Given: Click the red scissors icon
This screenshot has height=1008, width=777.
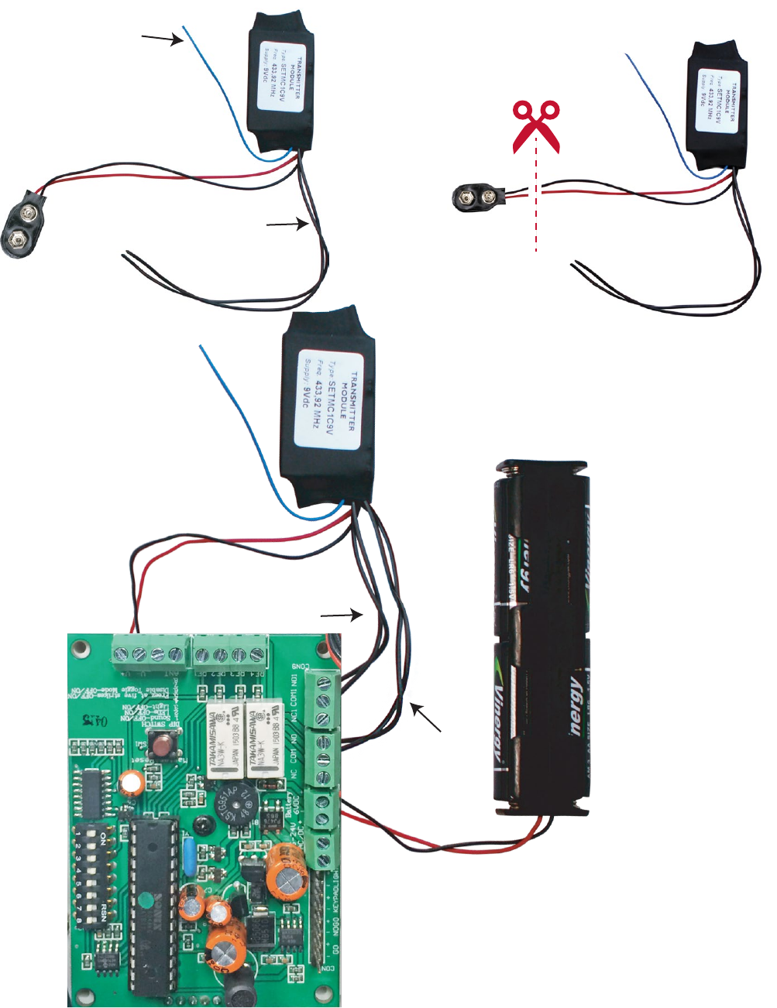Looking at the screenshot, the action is point(536,125).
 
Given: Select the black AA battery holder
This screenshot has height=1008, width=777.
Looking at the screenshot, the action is point(542,638).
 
